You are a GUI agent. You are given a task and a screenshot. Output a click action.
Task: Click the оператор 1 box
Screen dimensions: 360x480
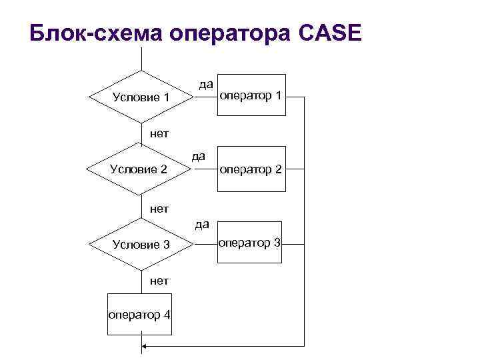click(253, 95)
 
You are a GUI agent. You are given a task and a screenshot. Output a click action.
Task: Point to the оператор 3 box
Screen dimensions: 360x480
click(253, 243)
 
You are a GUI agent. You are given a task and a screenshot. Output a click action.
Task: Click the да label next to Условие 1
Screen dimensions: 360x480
click(206, 84)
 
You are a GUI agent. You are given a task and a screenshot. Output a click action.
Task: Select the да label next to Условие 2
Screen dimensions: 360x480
click(198, 156)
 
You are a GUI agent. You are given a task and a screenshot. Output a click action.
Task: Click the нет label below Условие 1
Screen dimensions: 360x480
click(159, 133)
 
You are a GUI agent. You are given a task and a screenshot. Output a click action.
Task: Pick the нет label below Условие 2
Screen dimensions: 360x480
click(159, 208)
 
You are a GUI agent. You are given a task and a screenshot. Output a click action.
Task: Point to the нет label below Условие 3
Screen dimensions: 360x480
click(159, 281)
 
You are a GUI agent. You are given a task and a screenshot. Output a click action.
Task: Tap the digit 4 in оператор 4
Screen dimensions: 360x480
click(166, 315)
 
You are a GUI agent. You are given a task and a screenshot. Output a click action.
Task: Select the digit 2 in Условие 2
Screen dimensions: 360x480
click(163, 169)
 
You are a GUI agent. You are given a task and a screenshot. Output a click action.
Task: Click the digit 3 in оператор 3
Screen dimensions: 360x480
click(277, 243)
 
